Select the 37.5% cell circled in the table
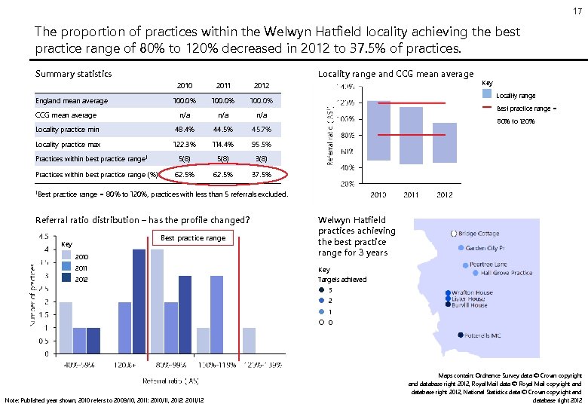pyautogui.click(x=261, y=174)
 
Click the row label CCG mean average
pyautogui.click(x=66, y=115)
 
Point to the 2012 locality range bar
pyautogui.click(x=445, y=142)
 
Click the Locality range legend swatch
pyautogui.click(x=488, y=96)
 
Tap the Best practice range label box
pyautogui.click(x=193, y=238)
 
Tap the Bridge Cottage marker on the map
pyautogui.click(x=454, y=234)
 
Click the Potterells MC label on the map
pyautogui.click(x=483, y=335)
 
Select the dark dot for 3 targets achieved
pyautogui.click(x=322, y=290)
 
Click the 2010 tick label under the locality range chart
pyautogui.click(x=378, y=195)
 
